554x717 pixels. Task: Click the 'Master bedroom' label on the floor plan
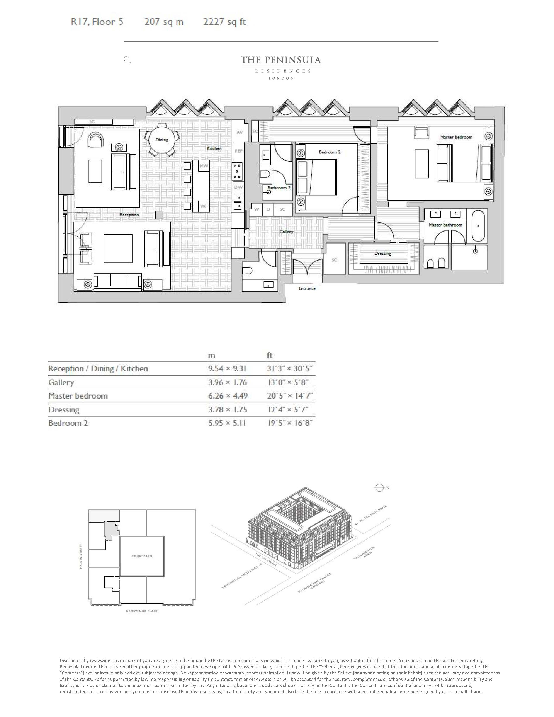tap(456, 137)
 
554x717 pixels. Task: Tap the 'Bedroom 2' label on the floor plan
tap(330, 152)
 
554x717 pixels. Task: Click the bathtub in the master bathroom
tap(479, 226)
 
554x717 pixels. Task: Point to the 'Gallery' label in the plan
tap(286, 232)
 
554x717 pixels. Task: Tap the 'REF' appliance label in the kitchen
tap(239, 151)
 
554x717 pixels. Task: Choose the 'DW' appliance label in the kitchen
tap(238, 187)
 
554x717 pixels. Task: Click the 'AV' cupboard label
tap(240, 132)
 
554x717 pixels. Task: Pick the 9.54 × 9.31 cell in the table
tap(227, 369)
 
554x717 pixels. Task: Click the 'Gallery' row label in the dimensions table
tap(61, 382)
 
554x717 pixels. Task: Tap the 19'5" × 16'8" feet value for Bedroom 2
tap(289, 423)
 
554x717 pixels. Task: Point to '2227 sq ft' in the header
tap(224, 22)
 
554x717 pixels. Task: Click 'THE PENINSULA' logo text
tap(281, 60)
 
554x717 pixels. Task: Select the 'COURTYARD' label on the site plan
tap(142, 556)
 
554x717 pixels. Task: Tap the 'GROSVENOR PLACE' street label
tap(142, 611)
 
